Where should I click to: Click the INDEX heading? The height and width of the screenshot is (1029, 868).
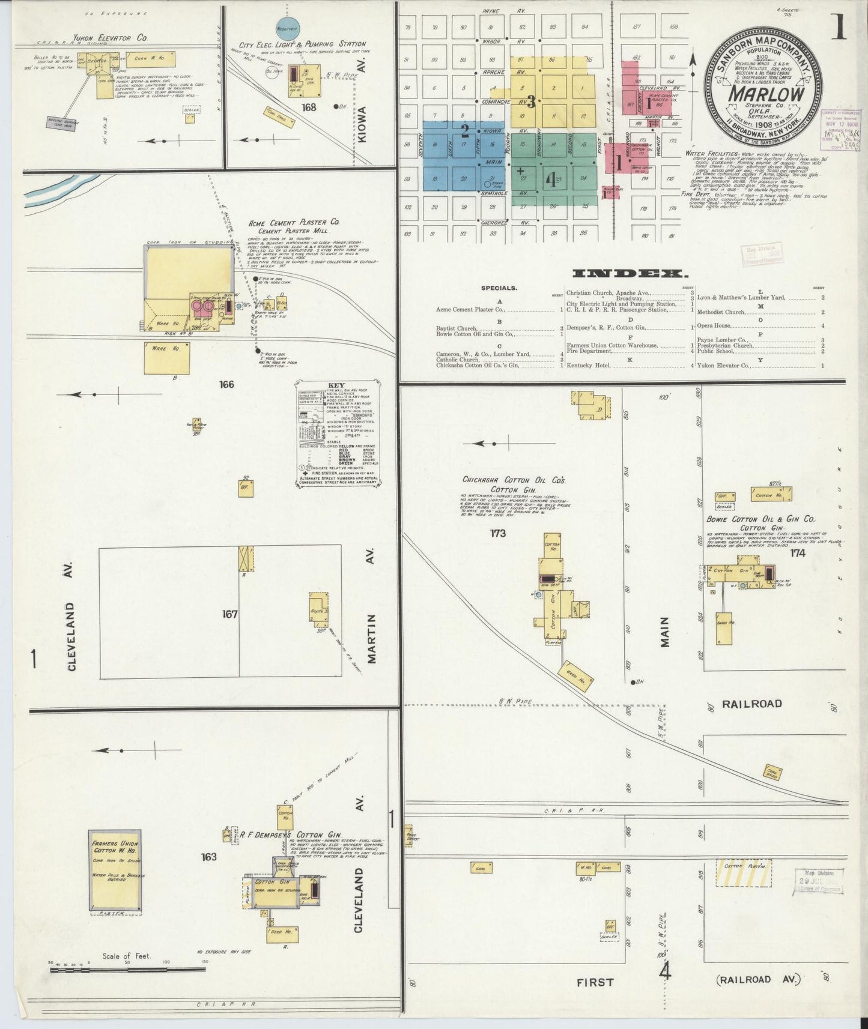click(x=630, y=274)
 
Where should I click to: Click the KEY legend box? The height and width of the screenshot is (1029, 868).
click(x=340, y=432)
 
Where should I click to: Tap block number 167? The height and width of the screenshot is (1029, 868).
click(x=229, y=614)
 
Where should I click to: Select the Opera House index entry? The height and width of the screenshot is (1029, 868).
click(x=714, y=325)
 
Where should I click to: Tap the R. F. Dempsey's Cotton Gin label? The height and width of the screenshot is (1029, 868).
click(x=291, y=835)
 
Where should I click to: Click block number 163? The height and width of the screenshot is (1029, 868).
click(x=208, y=857)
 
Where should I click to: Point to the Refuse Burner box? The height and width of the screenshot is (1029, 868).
click(x=62, y=122)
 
